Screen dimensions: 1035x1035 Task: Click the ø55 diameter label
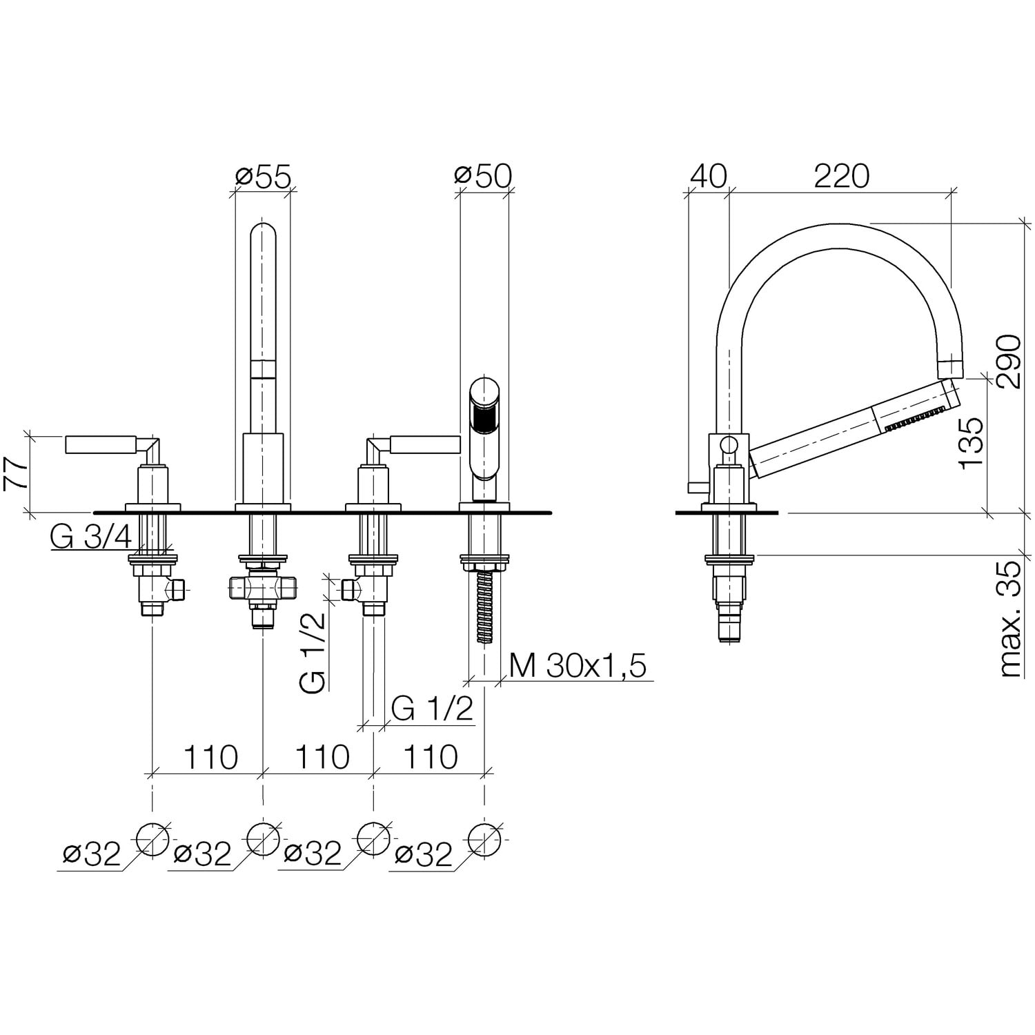262,177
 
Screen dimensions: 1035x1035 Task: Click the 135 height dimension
972,442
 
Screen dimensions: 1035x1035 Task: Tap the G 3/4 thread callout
90,538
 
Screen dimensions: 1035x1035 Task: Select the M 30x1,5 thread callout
578,666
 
